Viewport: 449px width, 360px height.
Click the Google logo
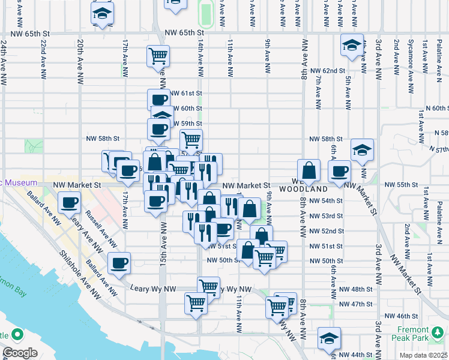tap(20, 353)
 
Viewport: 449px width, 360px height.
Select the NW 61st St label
tap(187, 93)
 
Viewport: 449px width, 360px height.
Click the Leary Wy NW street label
tap(152, 289)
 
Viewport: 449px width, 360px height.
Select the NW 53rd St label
tap(326, 216)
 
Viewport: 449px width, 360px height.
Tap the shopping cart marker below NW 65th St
tap(157, 56)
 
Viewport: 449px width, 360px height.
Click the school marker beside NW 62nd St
tap(352, 44)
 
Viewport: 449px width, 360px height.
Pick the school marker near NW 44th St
tap(329, 338)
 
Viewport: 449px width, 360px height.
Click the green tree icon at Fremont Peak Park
tap(438, 331)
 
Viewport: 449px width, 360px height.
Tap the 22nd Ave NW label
tap(43, 59)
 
